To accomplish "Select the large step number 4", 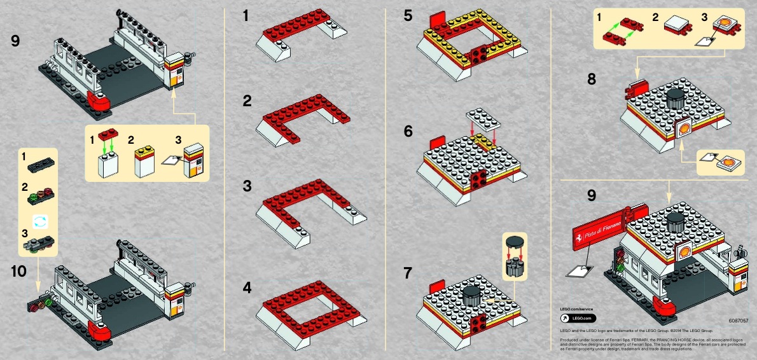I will [x=247, y=287].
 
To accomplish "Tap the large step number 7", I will [x=408, y=273].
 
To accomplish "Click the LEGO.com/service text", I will [x=580, y=308].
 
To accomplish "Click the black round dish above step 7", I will [x=515, y=240].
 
